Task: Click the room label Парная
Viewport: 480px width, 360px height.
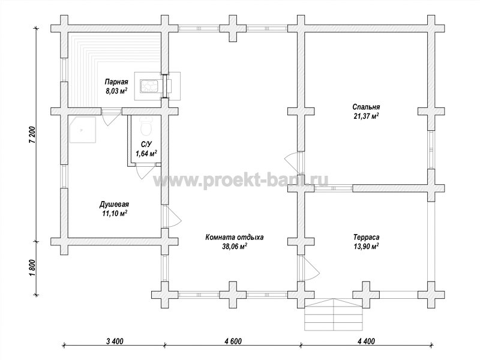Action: tap(116, 82)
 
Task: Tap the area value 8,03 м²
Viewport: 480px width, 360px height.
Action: tap(116, 91)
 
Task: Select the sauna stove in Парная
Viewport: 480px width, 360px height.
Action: tap(149, 86)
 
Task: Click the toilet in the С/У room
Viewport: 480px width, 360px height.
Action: tap(145, 126)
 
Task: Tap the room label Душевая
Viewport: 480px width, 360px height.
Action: tap(114, 204)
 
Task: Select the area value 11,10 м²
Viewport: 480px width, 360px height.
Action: tap(115, 214)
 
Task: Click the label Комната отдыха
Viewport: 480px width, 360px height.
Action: tap(235, 237)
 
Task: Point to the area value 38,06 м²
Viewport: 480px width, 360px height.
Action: tap(235, 247)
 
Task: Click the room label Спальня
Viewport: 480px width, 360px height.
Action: tap(366, 107)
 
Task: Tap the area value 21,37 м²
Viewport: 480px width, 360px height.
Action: tap(366, 116)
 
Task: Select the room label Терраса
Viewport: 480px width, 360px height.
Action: tap(367, 237)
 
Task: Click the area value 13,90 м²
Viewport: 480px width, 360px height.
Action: tap(367, 247)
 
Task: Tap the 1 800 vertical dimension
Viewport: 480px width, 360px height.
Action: tap(34, 268)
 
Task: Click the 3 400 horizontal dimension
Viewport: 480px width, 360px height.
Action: tap(115, 341)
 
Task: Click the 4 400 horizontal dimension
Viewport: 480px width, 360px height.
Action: tap(365, 341)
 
